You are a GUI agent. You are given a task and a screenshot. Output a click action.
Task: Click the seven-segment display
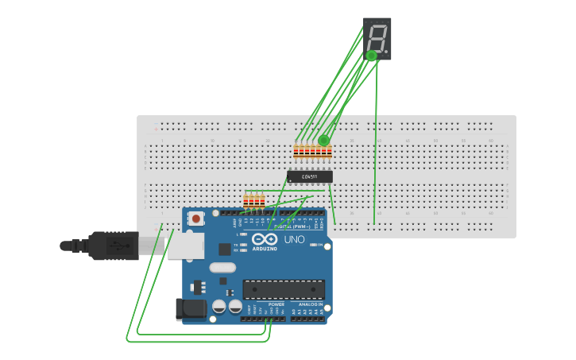click(x=377, y=38)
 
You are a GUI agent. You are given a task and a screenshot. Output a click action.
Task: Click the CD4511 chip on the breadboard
click(x=310, y=176)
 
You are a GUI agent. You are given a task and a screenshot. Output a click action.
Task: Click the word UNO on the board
click(x=294, y=240)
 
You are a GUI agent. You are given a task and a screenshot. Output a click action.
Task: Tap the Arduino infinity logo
click(x=265, y=239)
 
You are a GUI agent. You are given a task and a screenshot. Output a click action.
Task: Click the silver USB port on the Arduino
click(x=186, y=246)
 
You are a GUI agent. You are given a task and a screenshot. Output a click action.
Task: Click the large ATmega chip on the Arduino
click(x=284, y=289)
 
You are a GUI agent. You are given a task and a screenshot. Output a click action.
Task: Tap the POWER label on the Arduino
click(x=276, y=304)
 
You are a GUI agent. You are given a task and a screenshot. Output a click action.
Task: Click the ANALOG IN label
click(x=311, y=304)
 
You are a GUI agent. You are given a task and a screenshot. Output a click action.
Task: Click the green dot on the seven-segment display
click(x=371, y=56)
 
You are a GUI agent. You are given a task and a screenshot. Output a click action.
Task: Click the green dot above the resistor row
click(x=323, y=141)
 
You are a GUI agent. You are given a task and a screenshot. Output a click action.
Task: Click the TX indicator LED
click(x=243, y=245)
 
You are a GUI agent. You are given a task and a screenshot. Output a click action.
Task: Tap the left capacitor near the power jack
click(x=220, y=306)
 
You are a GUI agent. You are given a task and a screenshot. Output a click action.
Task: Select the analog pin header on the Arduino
click(x=307, y=318)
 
